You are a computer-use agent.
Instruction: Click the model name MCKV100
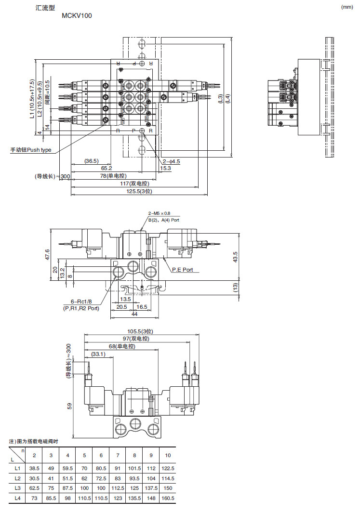coord(77,15)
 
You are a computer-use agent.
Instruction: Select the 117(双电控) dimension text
coord(134,184)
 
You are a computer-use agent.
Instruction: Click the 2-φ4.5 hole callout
coord(171,161)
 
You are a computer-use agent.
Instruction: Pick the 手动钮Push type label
coord(31,150)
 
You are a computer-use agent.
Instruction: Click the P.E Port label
coord(182,270)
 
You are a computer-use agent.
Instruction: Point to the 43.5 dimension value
coord(235,257)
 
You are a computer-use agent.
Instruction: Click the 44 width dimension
coord(134,314)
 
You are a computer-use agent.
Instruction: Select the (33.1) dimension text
coord(98,354)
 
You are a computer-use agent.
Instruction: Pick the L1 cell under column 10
coord(168,468)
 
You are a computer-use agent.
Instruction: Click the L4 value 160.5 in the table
coord(168,499)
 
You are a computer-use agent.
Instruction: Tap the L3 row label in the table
coord(17,488)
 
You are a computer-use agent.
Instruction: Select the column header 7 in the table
coord(118,456)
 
